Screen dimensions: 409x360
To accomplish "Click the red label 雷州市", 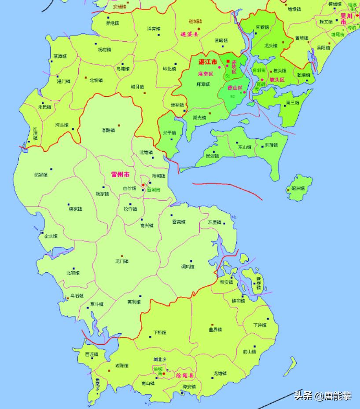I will pos(120,175).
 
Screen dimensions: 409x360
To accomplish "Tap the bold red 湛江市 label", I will pos(208,62).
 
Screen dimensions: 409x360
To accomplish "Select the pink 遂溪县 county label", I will pos(190,34).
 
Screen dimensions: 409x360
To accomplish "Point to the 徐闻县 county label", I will pos(185,376).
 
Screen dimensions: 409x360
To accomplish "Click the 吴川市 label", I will pos(347,16).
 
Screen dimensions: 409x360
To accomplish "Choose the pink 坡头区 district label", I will pos(277,80).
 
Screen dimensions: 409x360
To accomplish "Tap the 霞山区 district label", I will pos(235,88).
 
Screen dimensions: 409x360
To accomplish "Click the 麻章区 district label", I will pos(205,74).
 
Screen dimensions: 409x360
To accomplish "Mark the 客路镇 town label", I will pos(108,130).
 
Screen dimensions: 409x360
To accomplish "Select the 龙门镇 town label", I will pos(121,261).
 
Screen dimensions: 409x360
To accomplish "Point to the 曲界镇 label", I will pos(215,329).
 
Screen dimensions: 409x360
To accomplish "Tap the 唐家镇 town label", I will pos(75,209).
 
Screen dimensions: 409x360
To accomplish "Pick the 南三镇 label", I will pos(292,102).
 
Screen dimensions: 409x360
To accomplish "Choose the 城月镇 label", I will pos(137,87).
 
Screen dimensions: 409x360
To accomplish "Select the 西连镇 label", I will pos(92,354).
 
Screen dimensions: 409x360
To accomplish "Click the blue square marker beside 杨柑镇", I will pos(96,44).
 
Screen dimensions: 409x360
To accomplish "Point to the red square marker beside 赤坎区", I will pos(228,61).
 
